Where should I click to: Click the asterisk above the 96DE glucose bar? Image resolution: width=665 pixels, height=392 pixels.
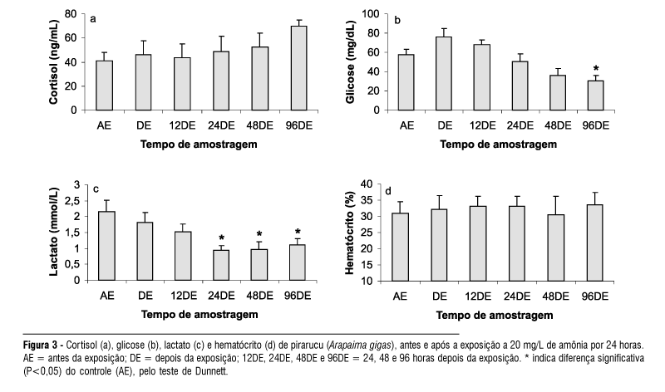[x=596, y=69]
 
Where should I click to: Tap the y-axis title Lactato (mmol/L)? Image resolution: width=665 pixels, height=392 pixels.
[x=54, y=233]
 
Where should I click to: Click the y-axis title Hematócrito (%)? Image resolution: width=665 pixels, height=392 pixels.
[x=350, y=233]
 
